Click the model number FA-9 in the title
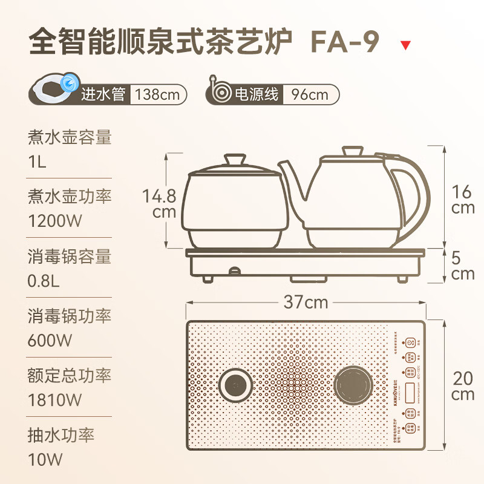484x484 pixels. point(345,42)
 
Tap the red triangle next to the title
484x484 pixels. point(406,45)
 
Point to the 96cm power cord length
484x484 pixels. point(310,94)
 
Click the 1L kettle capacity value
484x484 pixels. point(37,162)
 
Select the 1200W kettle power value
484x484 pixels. point(54,221)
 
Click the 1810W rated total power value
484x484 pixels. point(54,400)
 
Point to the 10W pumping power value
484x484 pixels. point(45,459)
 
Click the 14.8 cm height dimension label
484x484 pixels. point(160,204)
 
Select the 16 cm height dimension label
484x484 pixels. point(463,200)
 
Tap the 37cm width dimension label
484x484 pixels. point(306,301)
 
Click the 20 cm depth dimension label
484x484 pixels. point(463,385)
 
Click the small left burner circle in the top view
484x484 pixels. point(235,385)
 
